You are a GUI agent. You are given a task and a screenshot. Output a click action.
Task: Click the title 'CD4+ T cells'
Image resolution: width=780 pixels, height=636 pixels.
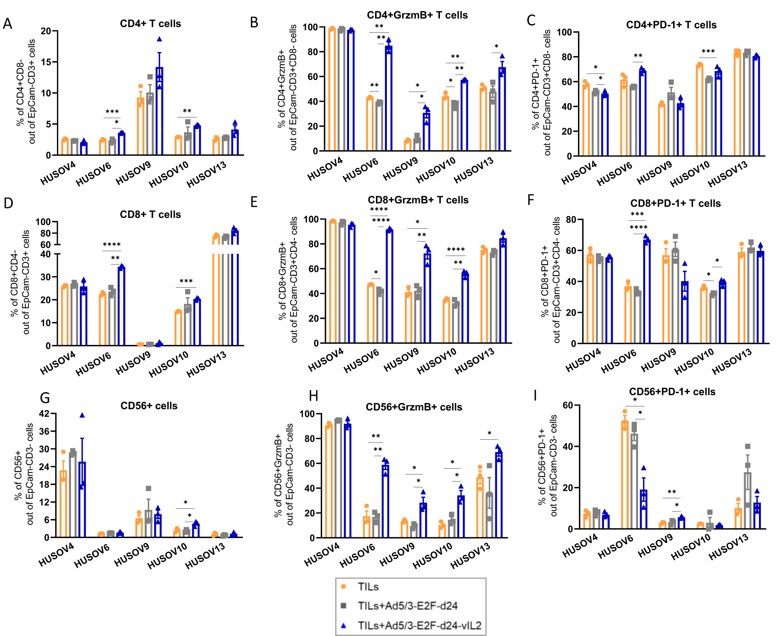click(150, 24)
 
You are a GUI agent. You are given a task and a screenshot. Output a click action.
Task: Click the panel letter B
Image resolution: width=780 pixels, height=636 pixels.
click(254, 23)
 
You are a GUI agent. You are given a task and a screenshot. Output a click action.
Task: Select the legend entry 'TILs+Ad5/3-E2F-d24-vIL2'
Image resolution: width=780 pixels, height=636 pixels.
click(419, 625)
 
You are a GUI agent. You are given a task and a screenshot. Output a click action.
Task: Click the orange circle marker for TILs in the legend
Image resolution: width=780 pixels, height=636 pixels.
click(344, 586)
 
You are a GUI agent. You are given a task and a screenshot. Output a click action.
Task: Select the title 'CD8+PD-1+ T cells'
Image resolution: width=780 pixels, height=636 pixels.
click(675, 203)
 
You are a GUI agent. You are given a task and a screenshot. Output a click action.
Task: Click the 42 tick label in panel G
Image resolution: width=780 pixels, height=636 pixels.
click(44, 414)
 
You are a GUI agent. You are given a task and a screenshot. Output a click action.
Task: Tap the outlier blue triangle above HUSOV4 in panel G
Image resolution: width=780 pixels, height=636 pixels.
click(82, 415)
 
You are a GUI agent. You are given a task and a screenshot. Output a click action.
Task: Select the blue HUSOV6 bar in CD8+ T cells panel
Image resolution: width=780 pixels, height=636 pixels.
click(121, 306)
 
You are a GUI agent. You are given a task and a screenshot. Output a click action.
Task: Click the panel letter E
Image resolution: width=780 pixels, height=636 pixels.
click(254, 202)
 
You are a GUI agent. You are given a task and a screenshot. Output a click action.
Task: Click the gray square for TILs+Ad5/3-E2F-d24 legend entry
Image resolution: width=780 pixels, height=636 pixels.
click(344, 606)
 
